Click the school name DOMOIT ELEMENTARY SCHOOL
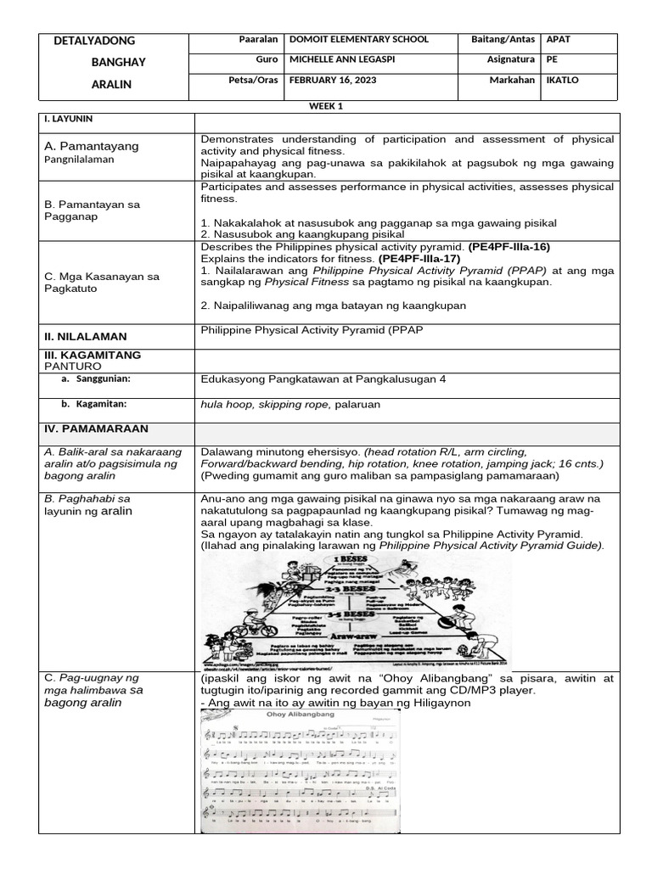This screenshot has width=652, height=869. pyautogui.click(x=359, y=40)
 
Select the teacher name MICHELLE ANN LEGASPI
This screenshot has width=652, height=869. pyautogui.click(x=349, y=60)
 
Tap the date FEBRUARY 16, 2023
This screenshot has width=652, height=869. pyautogui.click(x=332, y=81)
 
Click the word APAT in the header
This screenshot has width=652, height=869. pyautogui.click(x=559, y=40)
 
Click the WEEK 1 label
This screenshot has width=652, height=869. pyautogui.click(x=326, y=105)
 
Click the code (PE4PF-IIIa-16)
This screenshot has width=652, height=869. pyautogui.click(x=509, y=247)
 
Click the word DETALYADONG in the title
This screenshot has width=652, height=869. pyautogui.click(x=94, y=41)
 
